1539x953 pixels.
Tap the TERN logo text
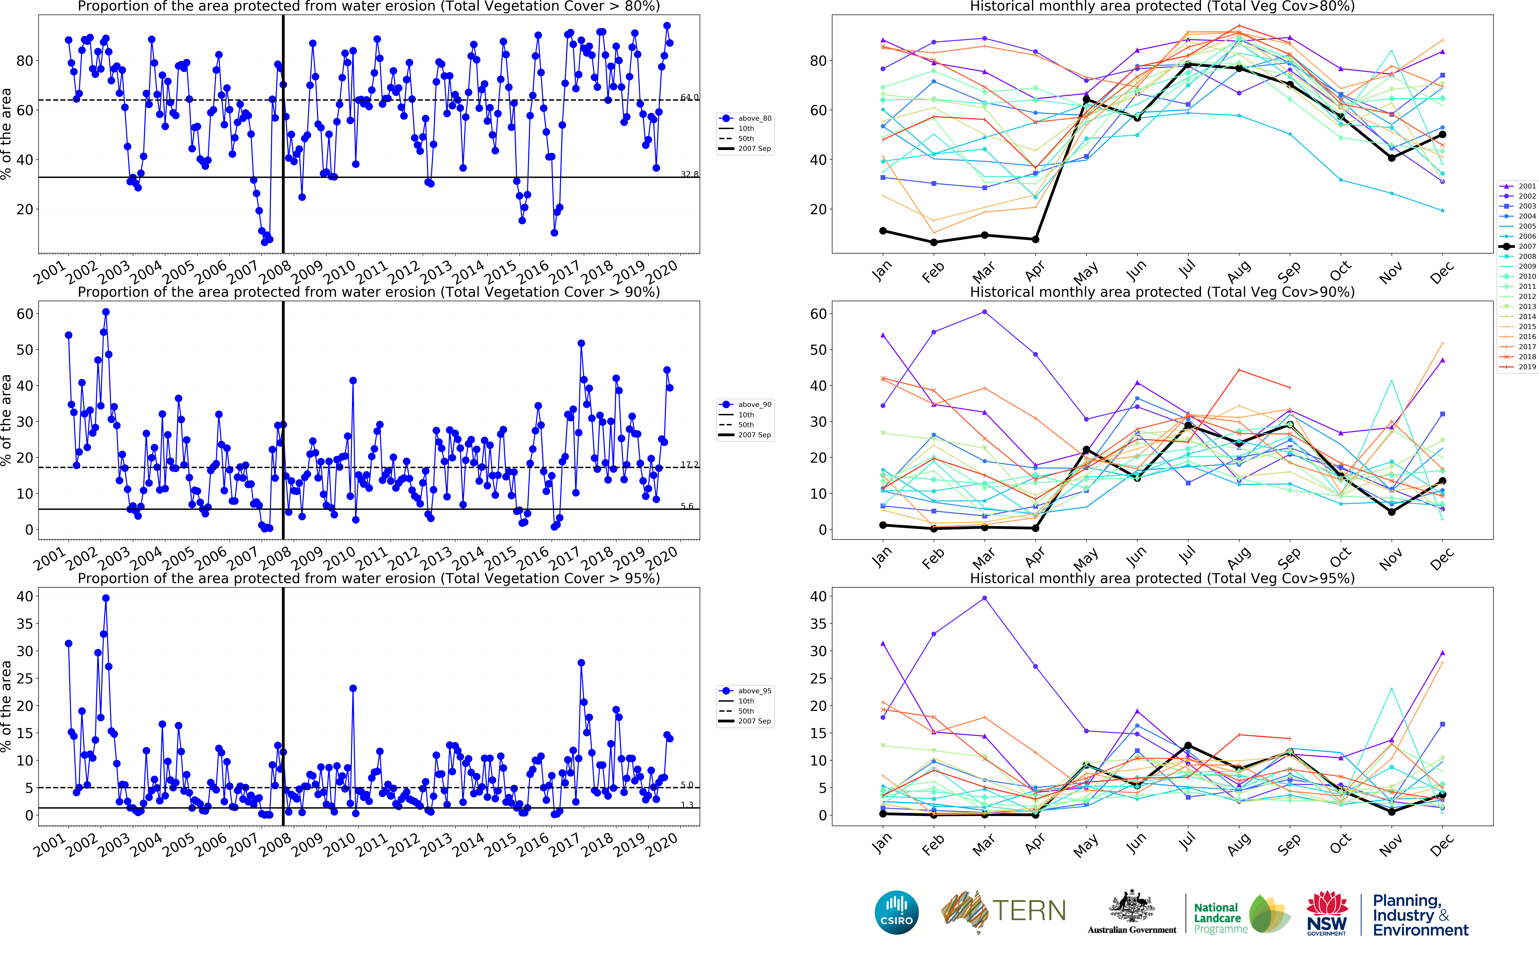coord(1029,911)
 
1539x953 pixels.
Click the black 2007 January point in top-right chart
coord(883,231)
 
